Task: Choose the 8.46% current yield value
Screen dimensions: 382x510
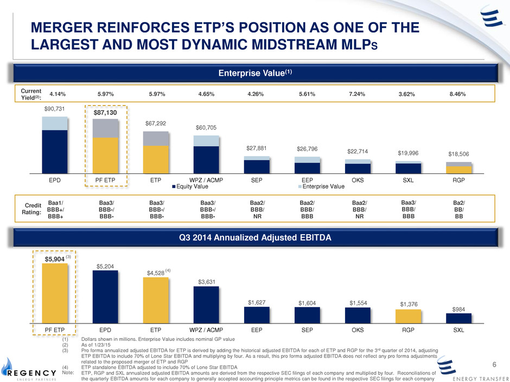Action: point(458,94)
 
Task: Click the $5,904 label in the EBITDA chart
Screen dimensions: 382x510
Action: point(55,259)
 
